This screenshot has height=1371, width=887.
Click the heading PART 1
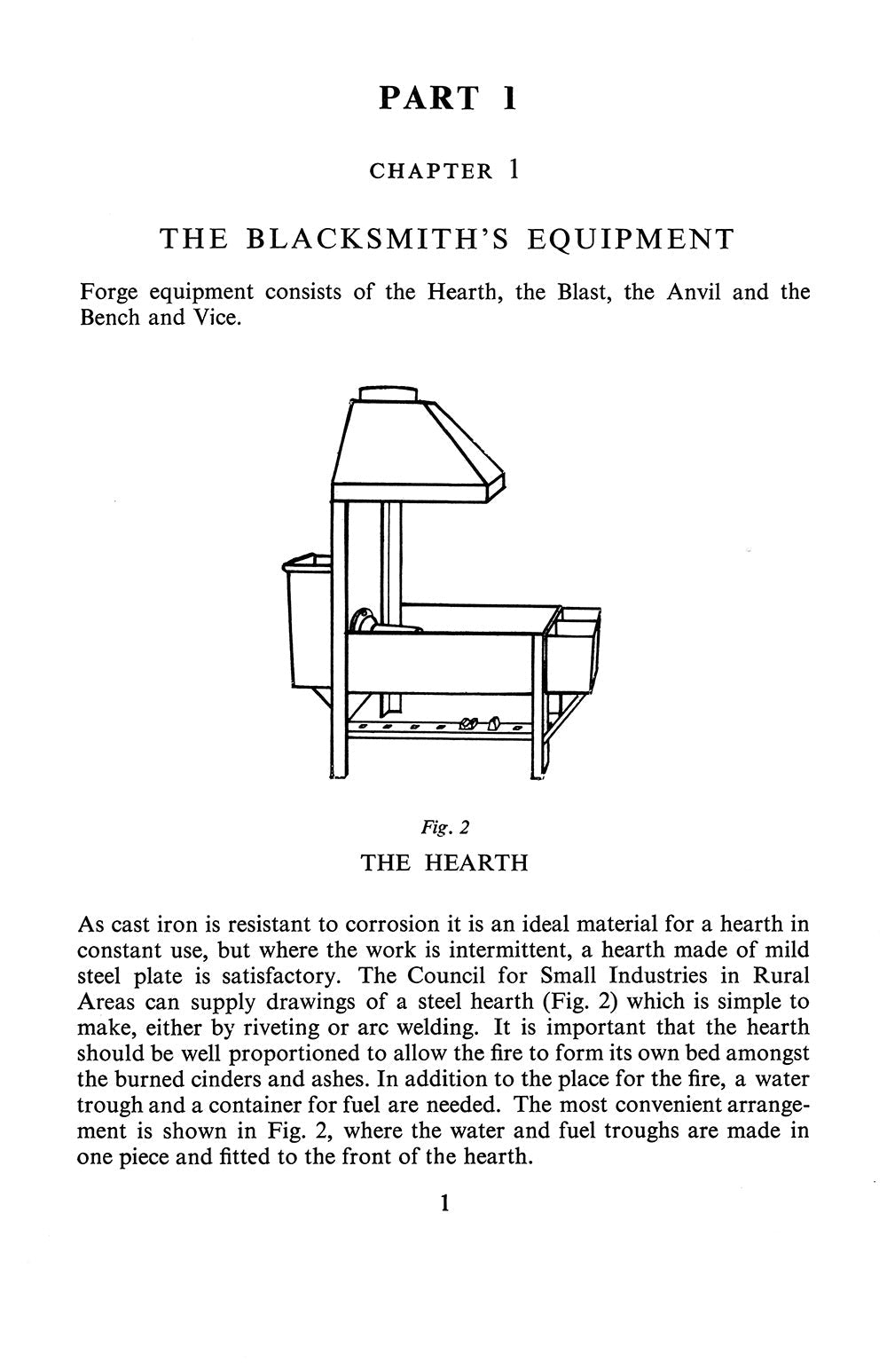(448, 98)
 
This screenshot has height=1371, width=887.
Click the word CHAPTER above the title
(430, 171)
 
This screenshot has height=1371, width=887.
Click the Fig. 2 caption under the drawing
(444, 827)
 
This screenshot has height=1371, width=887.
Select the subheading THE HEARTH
(444, 863)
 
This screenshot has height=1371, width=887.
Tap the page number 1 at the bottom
(444, 1204)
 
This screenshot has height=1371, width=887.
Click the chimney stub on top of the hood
(388, 395)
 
